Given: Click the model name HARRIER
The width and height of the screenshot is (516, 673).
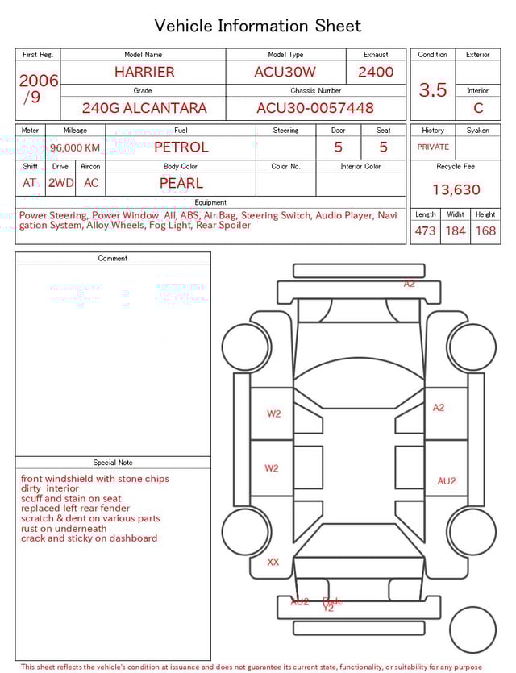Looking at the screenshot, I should (144, 72).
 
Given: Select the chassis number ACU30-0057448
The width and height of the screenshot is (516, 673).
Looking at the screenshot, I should (315, 108).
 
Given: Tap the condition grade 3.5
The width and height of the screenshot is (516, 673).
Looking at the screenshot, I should (433, 90).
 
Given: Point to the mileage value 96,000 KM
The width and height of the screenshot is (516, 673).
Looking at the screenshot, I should (75, 148).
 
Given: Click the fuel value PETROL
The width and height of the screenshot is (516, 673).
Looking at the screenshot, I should (181, 147).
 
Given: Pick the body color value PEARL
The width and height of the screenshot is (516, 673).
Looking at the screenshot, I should (181, 183).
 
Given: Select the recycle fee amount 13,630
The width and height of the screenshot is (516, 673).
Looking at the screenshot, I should (456, 190).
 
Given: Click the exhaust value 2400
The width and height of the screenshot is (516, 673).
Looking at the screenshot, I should (376, 72).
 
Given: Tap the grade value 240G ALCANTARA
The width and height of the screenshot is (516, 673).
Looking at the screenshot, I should (144, 108).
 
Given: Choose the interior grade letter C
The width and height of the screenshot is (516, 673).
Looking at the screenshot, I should (478, 108).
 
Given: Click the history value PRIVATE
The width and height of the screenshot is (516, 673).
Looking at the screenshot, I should (433, 147).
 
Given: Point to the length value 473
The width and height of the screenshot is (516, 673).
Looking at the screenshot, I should (425, 231).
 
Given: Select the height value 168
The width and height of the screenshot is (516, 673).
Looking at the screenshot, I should (485, 231).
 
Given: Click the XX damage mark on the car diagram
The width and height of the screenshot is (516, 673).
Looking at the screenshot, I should (273, 562).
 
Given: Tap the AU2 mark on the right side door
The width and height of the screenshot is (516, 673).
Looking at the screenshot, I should (447, 481).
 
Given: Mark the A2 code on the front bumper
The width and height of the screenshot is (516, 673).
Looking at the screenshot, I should (410, 284).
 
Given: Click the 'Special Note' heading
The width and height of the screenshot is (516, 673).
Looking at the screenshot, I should (113, 463).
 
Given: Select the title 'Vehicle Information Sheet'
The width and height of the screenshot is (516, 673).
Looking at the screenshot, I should (258, 26).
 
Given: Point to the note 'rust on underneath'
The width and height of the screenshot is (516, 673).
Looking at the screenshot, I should (64, 529).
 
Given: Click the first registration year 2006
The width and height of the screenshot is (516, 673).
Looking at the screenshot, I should (39, 81).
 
